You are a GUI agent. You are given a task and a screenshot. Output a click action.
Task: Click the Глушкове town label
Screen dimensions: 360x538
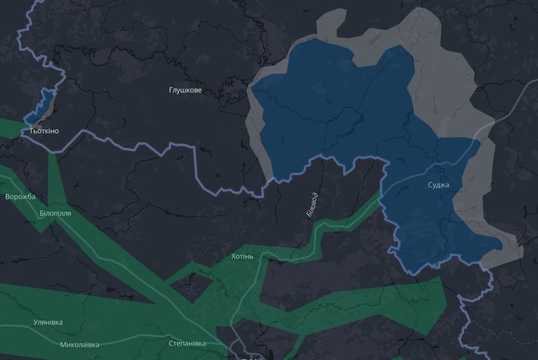185,90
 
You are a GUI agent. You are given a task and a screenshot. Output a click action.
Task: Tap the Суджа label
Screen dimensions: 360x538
439,185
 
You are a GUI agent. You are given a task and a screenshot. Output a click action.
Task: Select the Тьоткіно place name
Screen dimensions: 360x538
44,131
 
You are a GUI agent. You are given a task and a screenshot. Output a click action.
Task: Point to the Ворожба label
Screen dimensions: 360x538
20,197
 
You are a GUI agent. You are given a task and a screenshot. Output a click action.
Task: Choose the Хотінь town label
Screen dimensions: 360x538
242,257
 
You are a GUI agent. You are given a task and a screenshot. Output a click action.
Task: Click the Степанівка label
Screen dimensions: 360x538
187,343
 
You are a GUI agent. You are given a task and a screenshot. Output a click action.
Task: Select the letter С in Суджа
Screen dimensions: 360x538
430,185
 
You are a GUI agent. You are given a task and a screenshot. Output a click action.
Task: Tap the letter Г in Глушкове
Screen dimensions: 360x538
171,90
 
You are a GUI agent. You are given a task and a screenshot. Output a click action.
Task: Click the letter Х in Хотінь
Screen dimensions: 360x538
233,257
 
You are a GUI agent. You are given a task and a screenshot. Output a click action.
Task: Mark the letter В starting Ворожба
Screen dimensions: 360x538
7,197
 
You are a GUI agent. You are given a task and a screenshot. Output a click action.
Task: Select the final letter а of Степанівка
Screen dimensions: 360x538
204,343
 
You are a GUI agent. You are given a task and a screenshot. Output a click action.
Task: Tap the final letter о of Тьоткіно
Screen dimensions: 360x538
57,131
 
